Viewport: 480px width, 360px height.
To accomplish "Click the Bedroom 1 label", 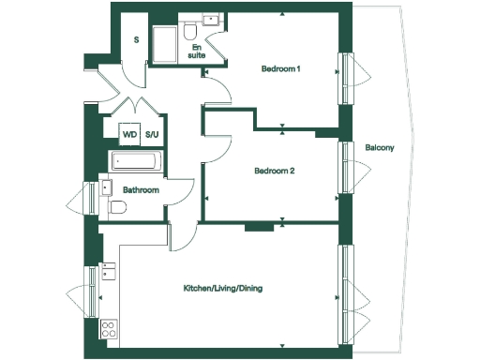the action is (281, 67).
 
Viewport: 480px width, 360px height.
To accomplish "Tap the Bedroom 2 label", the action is (275, 172).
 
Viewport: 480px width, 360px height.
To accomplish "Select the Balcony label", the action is (380, 147).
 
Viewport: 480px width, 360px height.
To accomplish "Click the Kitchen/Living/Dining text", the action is (222, 288).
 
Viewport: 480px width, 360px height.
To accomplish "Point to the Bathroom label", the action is (142, 190).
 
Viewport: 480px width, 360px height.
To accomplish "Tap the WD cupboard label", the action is (129, 134).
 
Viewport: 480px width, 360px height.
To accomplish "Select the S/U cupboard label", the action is (152, 134).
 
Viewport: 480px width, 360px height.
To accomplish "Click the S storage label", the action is (136, 40).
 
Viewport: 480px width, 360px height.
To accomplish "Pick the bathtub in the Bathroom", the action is (137, 161).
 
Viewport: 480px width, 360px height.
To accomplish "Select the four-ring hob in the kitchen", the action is (109, 330).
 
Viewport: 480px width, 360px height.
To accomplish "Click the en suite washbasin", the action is (213, 20).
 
